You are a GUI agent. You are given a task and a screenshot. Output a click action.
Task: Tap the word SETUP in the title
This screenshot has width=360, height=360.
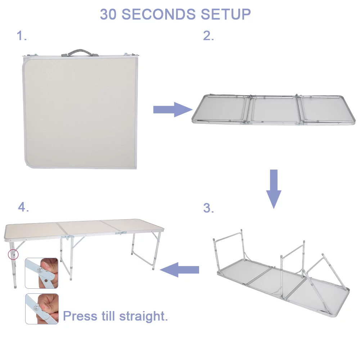(226, 14)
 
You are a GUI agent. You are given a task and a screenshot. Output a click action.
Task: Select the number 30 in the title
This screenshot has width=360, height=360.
(108, 14)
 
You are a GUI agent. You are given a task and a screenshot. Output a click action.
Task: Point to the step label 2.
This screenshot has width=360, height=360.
(208, 36)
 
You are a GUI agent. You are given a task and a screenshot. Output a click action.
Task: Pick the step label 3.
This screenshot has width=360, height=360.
(208, 208)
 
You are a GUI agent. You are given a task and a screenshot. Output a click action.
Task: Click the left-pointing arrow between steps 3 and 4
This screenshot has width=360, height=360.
(180, 269)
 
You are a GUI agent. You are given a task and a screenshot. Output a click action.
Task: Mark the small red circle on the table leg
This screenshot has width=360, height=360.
(13, 255)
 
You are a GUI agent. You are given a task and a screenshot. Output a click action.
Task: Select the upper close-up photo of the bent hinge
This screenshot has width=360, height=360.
(41, 273)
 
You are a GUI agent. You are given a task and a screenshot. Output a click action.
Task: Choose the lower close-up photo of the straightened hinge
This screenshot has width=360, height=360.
(41, 309)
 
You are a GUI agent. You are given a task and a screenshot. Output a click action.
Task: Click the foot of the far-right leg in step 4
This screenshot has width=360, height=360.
(154, 268)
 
